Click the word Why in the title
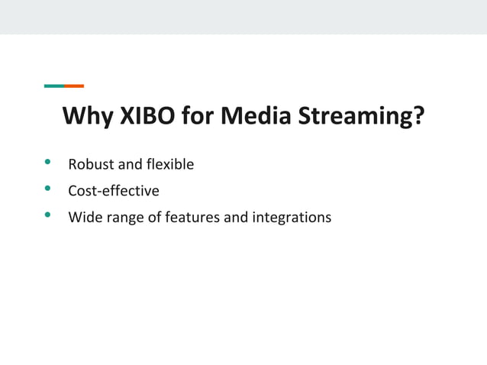86,118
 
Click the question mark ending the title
418,118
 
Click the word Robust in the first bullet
90,164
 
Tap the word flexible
167,164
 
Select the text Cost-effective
114,191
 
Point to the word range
124,218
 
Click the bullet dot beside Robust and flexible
48,162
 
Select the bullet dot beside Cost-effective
48,189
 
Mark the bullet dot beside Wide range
48,215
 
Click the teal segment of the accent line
53,86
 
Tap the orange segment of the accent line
74,86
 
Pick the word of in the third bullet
153,218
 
